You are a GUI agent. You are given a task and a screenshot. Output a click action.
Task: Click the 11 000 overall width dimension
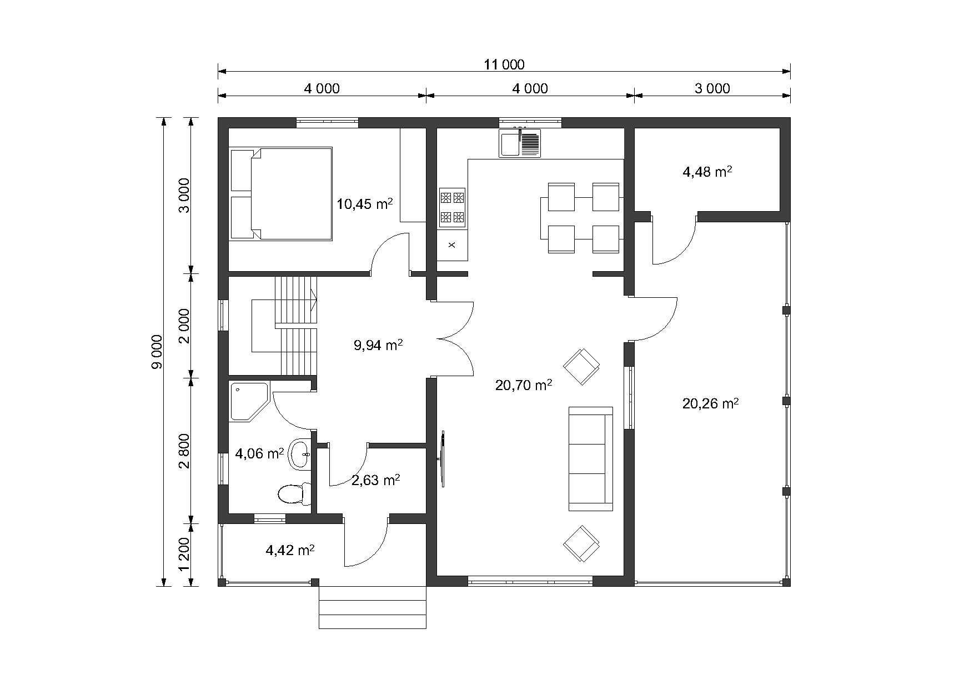[x=504, y=64]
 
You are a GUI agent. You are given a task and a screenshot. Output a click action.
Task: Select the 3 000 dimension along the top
[x=712, y=88]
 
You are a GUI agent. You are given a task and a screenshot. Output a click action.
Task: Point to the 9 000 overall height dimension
[x=157, y=352]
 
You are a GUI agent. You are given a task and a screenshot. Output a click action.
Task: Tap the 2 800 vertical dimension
[x=184, y=451]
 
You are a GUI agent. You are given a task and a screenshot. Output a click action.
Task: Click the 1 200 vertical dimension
[x=184, y=554]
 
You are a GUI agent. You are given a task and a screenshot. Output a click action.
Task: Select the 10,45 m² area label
[x=365, y=204]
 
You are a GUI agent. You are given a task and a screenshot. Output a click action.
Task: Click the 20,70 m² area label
[x=523, y=385]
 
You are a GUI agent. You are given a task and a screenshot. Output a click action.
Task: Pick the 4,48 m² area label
[x=707, y=172]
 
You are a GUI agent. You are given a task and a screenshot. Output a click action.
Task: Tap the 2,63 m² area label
[x=376, y=480]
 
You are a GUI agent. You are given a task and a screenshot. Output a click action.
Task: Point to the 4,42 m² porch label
[x=290, y=551]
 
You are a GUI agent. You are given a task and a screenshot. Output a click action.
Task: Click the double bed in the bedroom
[x=281, y=193]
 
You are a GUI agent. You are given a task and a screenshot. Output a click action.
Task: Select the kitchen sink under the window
[x=519, y=143]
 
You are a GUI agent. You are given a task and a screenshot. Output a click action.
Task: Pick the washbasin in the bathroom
[x=300, y=455]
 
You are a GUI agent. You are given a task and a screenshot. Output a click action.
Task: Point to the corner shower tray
[x=249, y=400]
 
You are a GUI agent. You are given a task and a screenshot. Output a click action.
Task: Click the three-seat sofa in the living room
[x=591, y=458]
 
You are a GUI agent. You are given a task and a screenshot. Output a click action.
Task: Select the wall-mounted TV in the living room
[x=443, y=459]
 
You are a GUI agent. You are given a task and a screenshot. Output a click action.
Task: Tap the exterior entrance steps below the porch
[x=372, y=607]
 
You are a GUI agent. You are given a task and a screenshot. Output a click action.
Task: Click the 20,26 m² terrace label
[x=710, y=403]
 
